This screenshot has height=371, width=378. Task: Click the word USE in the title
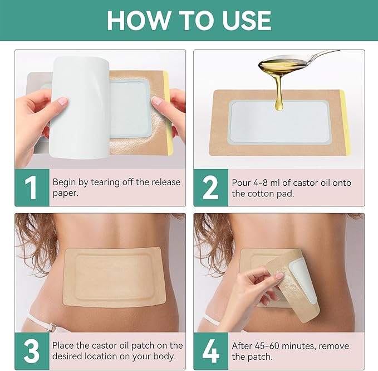[247, 21]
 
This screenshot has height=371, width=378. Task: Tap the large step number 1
[31, 187]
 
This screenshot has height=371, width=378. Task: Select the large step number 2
[210, 187]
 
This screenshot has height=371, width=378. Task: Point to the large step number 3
[32, 351]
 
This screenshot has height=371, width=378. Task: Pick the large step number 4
[210, 351]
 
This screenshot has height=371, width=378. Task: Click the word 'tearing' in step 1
[105, 182]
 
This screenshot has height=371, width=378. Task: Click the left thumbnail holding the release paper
[62, 101]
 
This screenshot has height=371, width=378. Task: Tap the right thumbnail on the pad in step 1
[156, 100]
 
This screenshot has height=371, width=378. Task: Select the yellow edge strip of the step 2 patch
[345, 122]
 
